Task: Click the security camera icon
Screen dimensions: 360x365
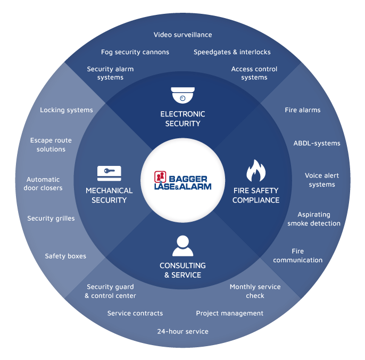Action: [x=182, y=96]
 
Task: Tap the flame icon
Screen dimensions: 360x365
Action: [x=255, y=171]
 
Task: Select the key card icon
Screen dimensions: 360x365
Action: [x=109, y=173]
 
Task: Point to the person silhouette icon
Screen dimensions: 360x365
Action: [x=182, y=246]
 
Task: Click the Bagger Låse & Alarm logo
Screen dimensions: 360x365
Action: [x=182, y=180]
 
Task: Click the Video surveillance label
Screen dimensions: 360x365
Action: [x=182, y=35]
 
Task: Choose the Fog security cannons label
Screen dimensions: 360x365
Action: [x=135, y=52]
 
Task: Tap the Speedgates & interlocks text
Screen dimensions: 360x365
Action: [x=232, y=52]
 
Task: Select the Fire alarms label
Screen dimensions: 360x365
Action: [x=302, y=110]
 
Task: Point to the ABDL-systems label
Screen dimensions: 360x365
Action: [x=317, y=143]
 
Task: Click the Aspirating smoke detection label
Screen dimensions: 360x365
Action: [x=314, y=219]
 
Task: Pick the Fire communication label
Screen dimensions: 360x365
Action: [x=298, y=256]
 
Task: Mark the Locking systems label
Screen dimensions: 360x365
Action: [x=67, y=110]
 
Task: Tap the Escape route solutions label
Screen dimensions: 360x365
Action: [x=51, y=145]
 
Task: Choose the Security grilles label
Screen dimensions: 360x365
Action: [x=51, y=219]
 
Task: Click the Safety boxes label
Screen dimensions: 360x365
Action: [x=65, y=256]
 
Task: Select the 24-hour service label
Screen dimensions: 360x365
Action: [x=182, y=331]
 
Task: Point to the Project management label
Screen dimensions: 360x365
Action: [x=229, y=313]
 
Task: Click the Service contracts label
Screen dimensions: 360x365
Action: [x=135, y=313]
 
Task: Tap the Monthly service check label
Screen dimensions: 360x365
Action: [x=255, y=291]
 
